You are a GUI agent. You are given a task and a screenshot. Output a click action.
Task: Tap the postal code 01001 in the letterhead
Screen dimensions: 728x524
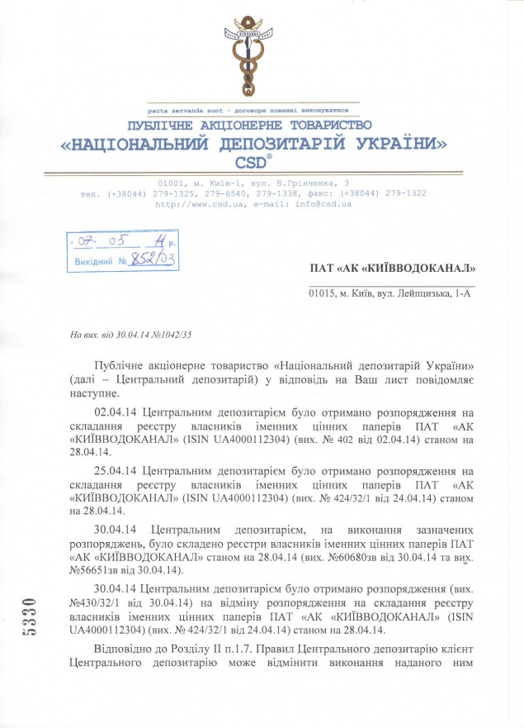(x=172, y=182)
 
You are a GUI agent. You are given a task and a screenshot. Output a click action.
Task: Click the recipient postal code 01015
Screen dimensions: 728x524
(x=322, y=293)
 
